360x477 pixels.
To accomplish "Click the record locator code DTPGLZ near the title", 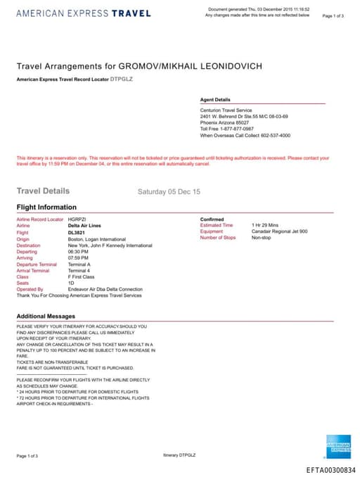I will click(x=122, y=79).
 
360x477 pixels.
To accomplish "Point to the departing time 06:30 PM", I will click(x=77, y=251).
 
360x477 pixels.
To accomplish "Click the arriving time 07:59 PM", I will click(x=77, y=257).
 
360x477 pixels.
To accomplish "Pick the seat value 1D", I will click(x=71, y=283).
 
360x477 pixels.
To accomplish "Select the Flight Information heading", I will click(x=46, y=208).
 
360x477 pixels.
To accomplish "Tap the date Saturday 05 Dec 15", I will click(x=169, y=191).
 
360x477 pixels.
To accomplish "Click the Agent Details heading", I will click(x=215, y=100).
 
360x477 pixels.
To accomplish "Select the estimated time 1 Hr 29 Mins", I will click(x=266, y=225).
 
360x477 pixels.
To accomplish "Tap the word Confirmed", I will click(x=212, y=219).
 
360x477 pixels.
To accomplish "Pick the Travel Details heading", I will click(x=43, y=191).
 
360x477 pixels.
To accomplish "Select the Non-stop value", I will click(x=261, y=238).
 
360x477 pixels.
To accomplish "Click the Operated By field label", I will click(x=30, y=289).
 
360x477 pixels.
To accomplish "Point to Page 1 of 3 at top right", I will click(x=333, y=15).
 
